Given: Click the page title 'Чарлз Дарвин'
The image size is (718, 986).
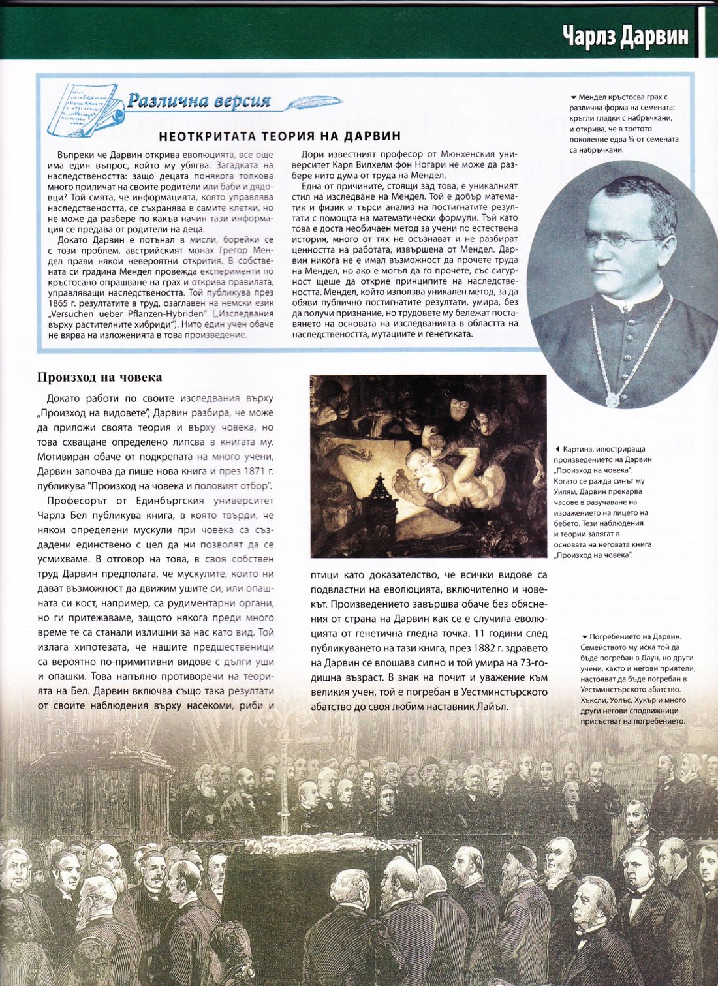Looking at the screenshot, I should coord(625,36).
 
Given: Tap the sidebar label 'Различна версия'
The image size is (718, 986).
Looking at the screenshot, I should coord(198,100).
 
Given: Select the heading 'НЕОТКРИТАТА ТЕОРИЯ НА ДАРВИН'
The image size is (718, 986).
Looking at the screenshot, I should coord(279,136).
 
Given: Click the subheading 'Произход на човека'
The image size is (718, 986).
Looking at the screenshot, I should coord(100,377).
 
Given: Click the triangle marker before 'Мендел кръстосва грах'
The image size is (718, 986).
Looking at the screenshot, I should coord(573,98).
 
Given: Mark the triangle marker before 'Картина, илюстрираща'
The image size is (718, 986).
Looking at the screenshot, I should coord(557,450).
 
